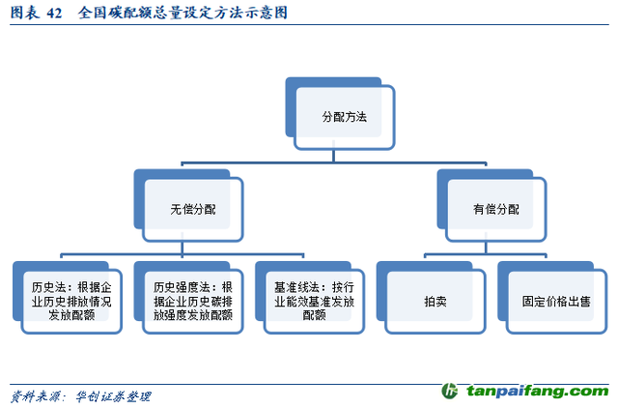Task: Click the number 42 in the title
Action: tap(54, 13)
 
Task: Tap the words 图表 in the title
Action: tap(24, 13)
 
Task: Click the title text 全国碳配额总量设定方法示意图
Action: tap(183, 13)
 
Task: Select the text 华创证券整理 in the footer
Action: tap(114, 396)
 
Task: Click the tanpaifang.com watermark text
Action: tap(538, 391)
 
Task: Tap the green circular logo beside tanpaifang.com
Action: tap(449, 391)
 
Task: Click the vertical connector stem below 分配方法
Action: tap(333, 156)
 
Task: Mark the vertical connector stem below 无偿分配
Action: tap(183, 248)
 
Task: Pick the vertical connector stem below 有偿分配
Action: tap(486, 248)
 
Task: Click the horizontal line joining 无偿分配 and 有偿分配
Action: tap(334, 162)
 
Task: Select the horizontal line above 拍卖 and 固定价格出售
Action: tap(485, 254)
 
